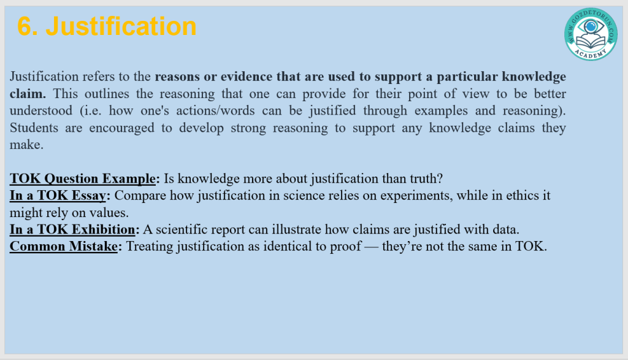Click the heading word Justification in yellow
pyautogui.click(x=121, y=27)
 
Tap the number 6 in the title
pyautogui.click(x=25, y=26)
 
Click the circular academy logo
pyautogui.click(x=591, y=34)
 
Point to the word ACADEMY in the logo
pyautogui.click(x=591, y=53)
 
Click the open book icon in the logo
pyautogui.click(x=591, y=41)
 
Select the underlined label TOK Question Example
pyautogui.click(x=83, y=178)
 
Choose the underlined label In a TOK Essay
pyautogui.click(x=58, y=196)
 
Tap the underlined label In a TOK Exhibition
pyautogui.click(x=72, y=229)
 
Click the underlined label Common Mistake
pyautogui.click(x=64, y=247)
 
